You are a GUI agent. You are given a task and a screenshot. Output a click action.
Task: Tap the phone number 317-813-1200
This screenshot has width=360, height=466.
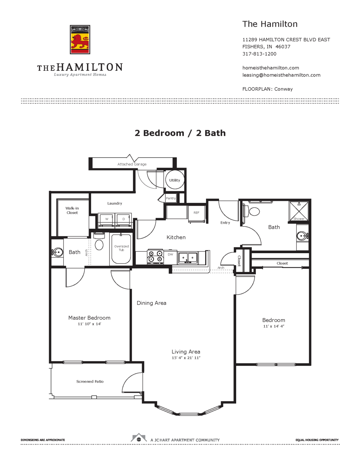(x=259, y=54)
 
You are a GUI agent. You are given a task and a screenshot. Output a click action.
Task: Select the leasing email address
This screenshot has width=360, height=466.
(x=281, y=75)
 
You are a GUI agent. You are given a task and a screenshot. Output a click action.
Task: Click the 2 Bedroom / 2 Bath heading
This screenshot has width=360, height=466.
(x=180, y=133)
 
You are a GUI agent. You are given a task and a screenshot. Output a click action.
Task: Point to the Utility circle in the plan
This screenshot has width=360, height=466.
(x=175, y=180)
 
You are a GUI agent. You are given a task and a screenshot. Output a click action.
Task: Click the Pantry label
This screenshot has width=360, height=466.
(x=171, y=198)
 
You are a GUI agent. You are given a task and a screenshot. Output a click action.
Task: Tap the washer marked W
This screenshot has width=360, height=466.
(x=107, y=220)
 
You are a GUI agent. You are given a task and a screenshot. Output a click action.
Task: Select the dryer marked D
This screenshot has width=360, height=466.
(x=124, y=220)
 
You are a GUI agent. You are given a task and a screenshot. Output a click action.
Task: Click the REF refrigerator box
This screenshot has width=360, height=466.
(x=196, y=213)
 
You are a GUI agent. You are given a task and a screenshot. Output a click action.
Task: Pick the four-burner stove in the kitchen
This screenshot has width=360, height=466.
(x=155, y=257)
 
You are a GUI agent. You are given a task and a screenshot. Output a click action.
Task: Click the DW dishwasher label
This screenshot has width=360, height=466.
(x=170, y=254)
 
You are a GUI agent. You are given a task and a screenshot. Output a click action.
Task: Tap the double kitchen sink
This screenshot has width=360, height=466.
(x=188, y=257)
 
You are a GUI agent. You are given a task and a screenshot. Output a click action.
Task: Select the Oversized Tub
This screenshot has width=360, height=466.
(x=121, y=248)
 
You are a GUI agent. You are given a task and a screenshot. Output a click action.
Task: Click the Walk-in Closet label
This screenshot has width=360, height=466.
(x=72, y=210)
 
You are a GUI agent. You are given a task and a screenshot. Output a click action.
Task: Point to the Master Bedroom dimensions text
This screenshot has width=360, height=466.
(x=89, y=324)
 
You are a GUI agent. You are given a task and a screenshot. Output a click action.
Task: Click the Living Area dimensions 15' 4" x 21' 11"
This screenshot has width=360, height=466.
(x=186, y=358)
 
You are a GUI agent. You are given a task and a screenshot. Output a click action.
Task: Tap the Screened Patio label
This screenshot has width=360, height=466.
(x=90, y=382)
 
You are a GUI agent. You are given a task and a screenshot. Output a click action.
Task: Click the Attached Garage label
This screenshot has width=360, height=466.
(x=132, y=164)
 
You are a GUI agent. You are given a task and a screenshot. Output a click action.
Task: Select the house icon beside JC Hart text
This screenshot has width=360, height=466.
(x=139, y=438)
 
